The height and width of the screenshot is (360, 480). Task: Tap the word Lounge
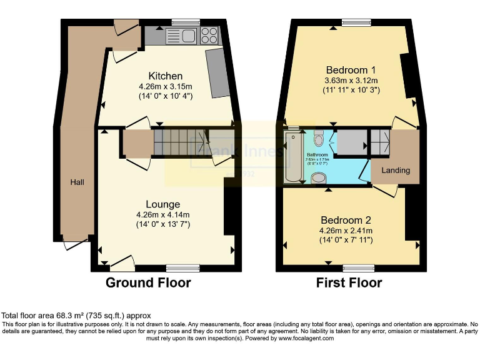[x=162, y=204]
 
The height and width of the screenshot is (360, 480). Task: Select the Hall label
[x=77, y=182]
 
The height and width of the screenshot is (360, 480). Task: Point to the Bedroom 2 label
[x=346, y=220]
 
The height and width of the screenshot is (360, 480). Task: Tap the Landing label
[x=396, y=170]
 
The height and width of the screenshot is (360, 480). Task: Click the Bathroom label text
[x=317, y=154]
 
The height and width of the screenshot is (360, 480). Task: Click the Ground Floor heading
[x=148, y=283]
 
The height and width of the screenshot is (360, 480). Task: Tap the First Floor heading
[x=349, y=283]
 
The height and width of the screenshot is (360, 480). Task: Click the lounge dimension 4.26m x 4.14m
[x=162, y=215]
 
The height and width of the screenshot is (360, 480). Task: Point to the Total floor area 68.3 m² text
[x=76, y=316]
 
